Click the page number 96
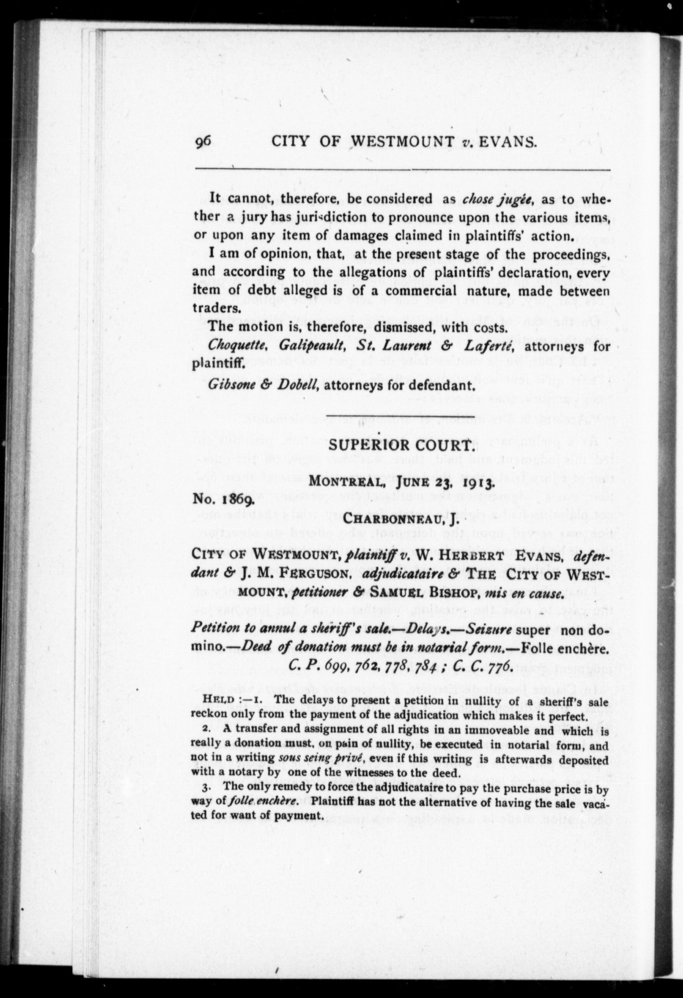click(203, 142)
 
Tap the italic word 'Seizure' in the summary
click(488, 630)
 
